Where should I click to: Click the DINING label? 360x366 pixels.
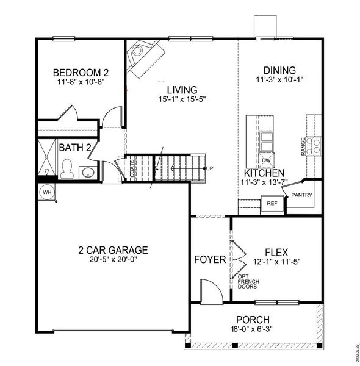[279, 70]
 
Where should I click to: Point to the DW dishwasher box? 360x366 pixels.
[267, 160]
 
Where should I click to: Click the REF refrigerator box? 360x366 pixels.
[272, 204]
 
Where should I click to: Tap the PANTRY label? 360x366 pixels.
[302, 195]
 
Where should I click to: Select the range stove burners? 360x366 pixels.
[313, 145]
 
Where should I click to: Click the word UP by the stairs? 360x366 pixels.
[210, 168]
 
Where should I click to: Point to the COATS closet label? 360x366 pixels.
[132, 168]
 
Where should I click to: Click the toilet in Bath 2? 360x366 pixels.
[67, 167]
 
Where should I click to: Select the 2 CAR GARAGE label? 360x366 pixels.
[113, 249]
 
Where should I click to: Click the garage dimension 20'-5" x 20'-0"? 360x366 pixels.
[113, 259]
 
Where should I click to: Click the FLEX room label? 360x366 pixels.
[276, 251]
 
